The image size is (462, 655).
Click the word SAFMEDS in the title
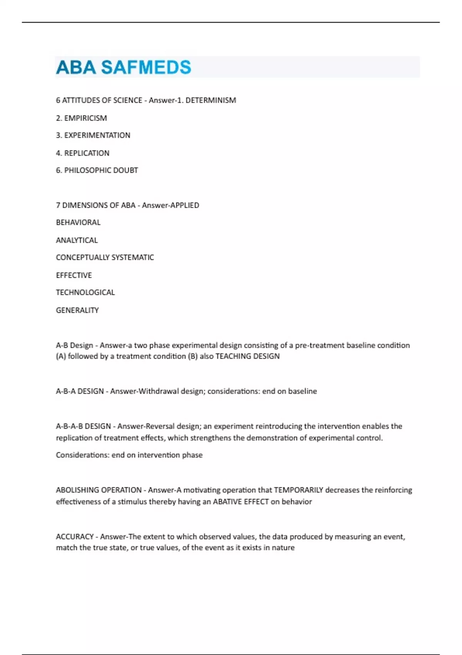click(146, 67)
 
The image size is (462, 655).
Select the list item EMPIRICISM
click(85, 118)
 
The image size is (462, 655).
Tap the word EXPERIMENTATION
click(97, 135)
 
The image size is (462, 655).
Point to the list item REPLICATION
click(87, 153)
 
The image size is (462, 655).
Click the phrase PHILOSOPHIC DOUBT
click(101, 170)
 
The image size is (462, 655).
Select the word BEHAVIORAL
click(78, 222)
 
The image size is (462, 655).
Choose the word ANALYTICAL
click(77, 240)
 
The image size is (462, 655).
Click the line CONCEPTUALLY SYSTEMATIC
click(105, 257)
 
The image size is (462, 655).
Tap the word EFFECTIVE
click(74, 275)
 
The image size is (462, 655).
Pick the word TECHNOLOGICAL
click(85, 292)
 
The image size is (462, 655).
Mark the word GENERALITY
click(77, 310)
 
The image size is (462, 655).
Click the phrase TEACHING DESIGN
click(248, 356)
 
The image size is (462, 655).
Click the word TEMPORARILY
click(298, 490)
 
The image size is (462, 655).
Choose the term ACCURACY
click(75, 536)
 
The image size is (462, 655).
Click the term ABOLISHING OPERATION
click(99, 490)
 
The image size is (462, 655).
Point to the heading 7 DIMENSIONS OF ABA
click(95, 205)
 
